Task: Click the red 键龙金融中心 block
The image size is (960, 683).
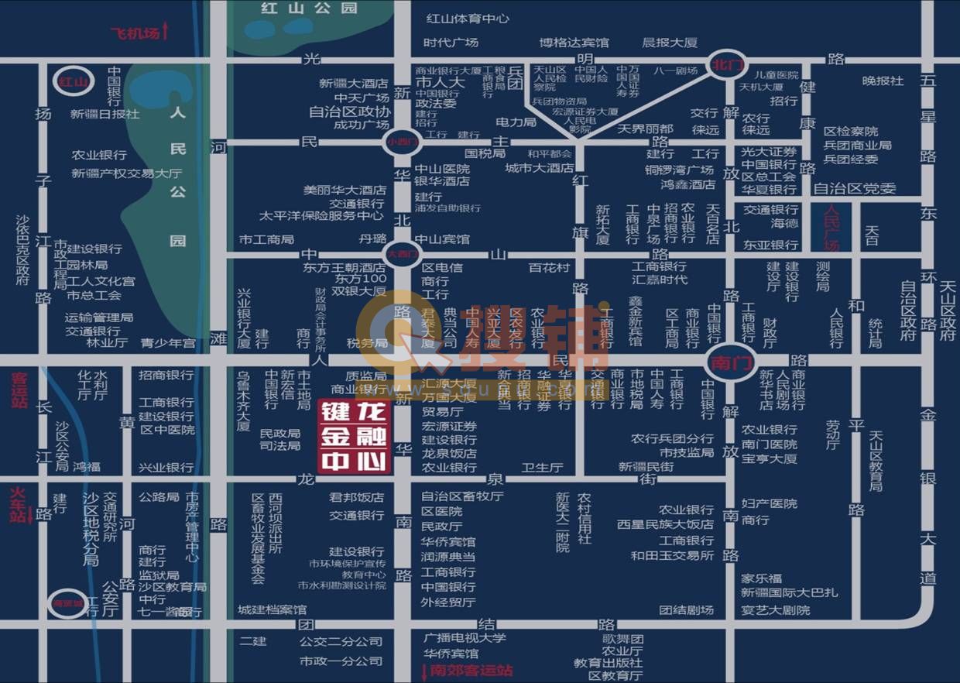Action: pyautogui.click(x=354, y=436)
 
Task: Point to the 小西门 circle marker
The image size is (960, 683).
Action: pyautogui.click(x=402, y=142)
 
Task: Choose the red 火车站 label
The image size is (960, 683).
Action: pyautogui.click(x=18, y=504)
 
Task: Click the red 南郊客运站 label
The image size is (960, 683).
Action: pyautogui.click(x=471, y=671)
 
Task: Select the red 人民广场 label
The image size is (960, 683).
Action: pyautogui.click(x=832, y=226)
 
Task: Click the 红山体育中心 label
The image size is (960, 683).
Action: pyautogui.click(x=468, y=19)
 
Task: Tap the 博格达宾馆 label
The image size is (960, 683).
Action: pyautogui.click(x=574, y=43)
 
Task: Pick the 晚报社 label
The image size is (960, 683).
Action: pyautogui.click(x=883, y=81)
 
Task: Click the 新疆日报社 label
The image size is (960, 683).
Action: pyautogui.click(x=105, y=114)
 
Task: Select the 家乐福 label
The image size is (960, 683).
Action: pyautogui.click(x=761, y=578)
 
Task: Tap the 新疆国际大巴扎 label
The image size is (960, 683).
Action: pyautogui.click(x=789, y=593)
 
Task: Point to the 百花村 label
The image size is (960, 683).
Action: pyautogui.click(x=549, y=267)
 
